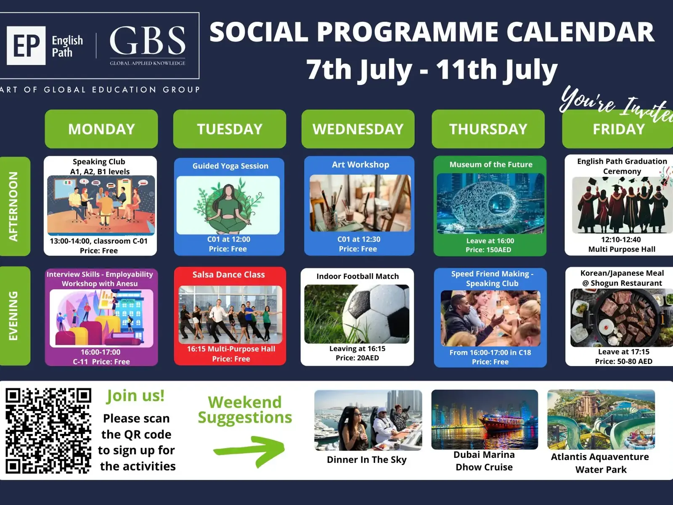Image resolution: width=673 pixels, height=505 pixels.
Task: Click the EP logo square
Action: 26,45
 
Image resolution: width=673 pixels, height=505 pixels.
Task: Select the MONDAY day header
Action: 101,129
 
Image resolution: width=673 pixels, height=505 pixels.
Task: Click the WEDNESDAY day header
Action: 358,129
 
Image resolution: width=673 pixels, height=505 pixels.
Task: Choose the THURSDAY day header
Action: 488,129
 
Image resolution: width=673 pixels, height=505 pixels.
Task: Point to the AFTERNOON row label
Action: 14,206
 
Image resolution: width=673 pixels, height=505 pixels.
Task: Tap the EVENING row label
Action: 14,316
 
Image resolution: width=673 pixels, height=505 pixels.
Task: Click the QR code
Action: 48,431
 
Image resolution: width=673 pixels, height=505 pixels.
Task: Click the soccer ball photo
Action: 357,314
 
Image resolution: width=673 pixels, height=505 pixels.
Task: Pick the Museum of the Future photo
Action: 490,204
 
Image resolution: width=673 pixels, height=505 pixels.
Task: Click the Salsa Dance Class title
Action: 228,274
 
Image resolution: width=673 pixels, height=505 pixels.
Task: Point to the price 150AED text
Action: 488,250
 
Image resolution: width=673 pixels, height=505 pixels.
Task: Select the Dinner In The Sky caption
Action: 367,460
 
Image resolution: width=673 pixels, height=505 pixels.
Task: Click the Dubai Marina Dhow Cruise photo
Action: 485,420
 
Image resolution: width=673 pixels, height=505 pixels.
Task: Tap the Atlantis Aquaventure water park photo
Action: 601,420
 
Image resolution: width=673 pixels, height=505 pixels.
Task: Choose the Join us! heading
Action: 135,396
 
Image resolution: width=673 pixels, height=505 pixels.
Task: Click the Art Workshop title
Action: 360,165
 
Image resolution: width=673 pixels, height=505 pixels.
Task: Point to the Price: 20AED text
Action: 357,358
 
